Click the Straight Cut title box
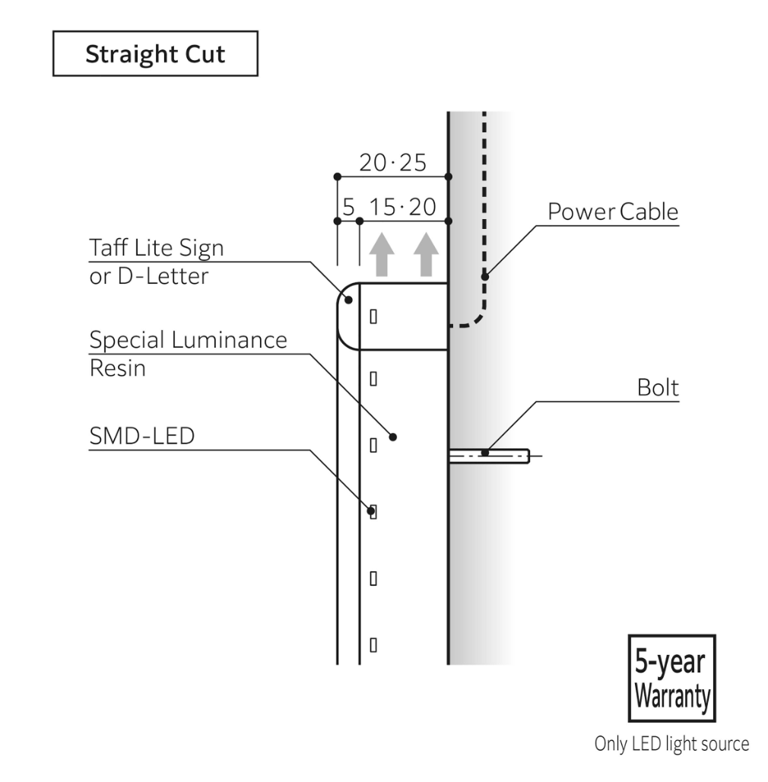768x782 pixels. click(155, 53)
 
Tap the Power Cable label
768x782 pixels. click(613, 211)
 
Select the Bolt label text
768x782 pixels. click(658, 387)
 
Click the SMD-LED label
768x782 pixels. click(142, 436)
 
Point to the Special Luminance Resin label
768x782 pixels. click(189, 354)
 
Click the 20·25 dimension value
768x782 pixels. click(392, 163)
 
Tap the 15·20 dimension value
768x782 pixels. click(403, 206)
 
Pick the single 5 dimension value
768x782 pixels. click(348, 206)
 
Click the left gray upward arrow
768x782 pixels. click(382, 254)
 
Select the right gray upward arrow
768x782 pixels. click(426, 254)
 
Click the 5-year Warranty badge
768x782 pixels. click(672, 679)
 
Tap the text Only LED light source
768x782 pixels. click(672, 744)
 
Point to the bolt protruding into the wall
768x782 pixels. click(489, 456)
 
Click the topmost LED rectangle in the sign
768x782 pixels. click(373, 316)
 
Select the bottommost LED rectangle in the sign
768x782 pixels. click(373, 645)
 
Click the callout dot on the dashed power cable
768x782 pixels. click(485, 277)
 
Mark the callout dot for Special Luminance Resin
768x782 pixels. click(392, 437)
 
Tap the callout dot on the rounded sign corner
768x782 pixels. click(349, 300)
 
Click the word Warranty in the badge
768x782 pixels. click(672, 696)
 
